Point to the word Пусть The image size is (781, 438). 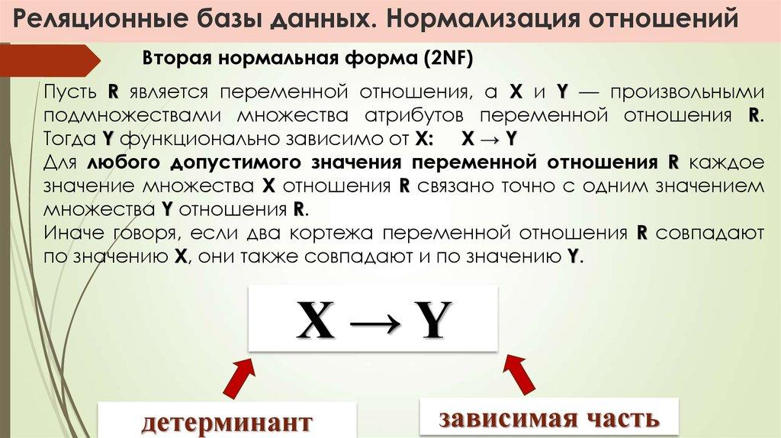[69, 92]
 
